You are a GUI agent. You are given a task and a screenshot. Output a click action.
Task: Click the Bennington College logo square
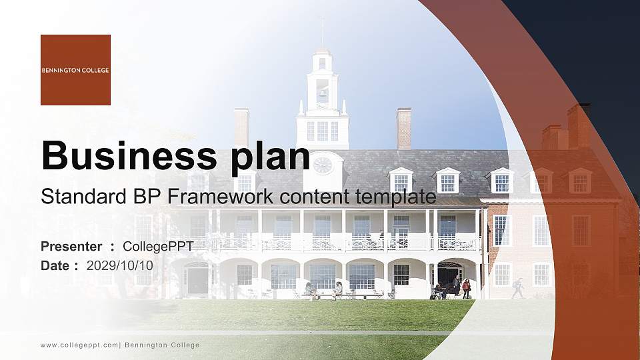click(75, 70)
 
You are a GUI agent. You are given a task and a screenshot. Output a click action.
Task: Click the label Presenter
click(71, 247)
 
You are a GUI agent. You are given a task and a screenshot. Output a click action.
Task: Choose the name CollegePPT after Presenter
click(159, 247)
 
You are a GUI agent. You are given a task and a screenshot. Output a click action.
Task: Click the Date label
click(55, 265)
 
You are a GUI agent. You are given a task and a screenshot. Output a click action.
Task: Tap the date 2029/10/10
click(120, 265)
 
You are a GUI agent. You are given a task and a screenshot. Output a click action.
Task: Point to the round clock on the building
click(323, 165)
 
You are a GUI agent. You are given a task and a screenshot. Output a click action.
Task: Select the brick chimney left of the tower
click(241, 127)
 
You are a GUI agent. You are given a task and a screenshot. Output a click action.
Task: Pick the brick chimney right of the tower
click(403, 128)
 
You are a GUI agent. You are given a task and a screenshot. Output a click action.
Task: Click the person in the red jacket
click(466, 288)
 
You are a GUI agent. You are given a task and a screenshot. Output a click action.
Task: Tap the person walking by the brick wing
click(518, 287)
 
